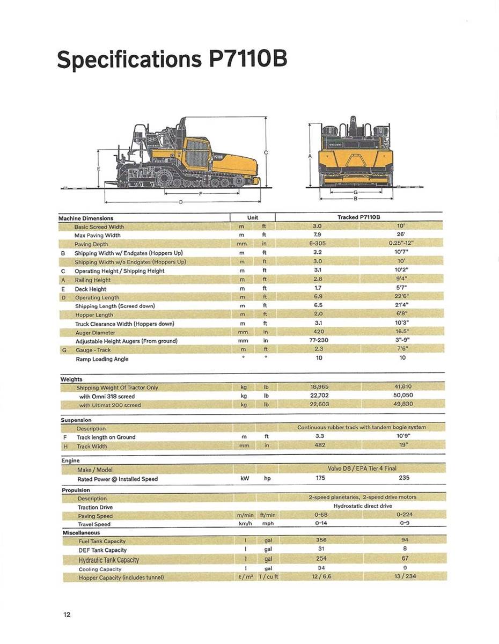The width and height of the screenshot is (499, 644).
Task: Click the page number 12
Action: (x=67, y=614)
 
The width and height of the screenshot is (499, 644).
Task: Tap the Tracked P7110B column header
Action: (x=358, y=217)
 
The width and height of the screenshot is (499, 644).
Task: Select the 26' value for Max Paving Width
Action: (x=400, y=235)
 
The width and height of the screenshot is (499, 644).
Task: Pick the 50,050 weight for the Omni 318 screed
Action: (x=403, y=396)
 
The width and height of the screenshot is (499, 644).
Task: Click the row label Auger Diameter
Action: (x=95, y=333)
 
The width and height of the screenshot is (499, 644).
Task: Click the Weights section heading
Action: (x=71, y=379)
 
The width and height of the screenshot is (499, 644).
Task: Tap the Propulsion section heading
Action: (x=76, y=490)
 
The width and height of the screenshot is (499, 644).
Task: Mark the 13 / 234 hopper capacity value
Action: (x=405, y=576)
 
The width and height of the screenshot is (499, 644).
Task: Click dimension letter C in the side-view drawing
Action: (x=267, y=153)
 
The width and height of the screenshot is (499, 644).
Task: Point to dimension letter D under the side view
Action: (x=181, y=202)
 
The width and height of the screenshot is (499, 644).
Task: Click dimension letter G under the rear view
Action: (x=355, y=192)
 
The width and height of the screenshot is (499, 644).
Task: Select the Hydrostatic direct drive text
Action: (x=362, y=506)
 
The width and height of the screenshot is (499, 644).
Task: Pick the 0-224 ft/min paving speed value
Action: (x=405, y=514)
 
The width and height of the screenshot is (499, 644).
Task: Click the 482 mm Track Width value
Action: (x=320, y=445)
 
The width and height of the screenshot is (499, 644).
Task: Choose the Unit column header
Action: (x=252, y=217)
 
